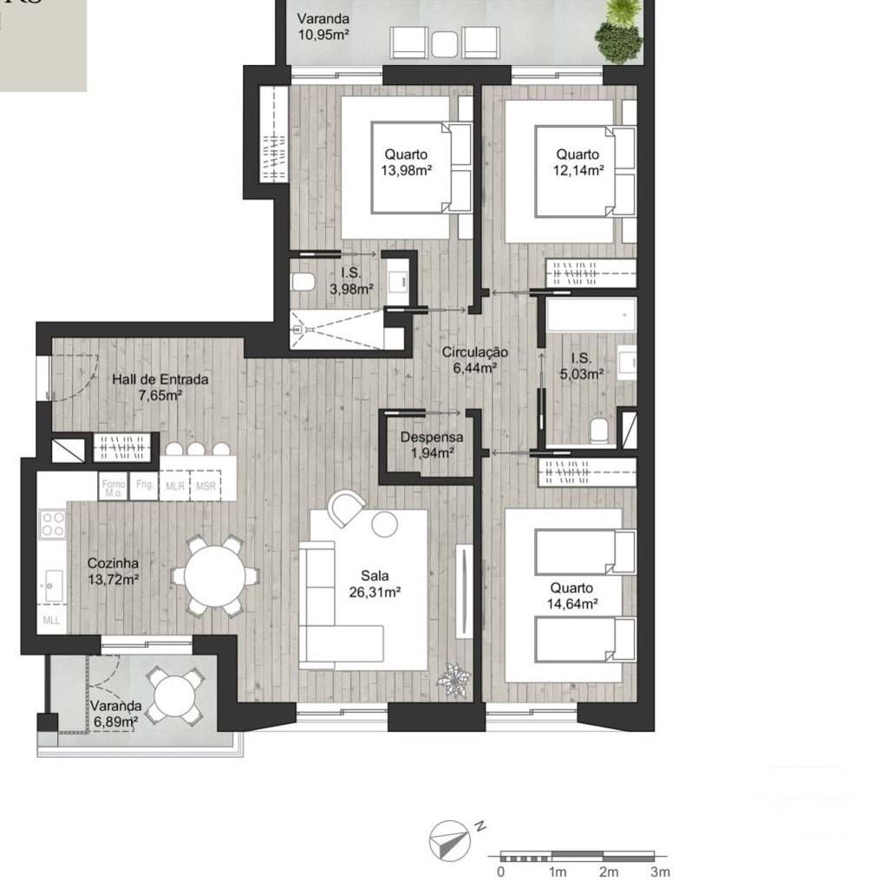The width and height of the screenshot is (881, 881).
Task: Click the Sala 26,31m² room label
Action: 376,584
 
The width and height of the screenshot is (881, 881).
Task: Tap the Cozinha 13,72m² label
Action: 114,571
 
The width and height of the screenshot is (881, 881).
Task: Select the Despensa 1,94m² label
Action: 431,445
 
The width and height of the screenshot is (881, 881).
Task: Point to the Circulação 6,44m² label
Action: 474,360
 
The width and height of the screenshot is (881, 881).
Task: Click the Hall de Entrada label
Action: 160,387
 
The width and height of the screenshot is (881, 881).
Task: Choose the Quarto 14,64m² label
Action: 571,596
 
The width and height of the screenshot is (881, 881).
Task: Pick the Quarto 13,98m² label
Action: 407,162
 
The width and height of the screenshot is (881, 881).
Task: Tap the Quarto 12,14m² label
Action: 578,162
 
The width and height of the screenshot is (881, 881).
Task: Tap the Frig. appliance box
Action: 144,486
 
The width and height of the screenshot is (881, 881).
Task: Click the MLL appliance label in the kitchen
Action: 52,621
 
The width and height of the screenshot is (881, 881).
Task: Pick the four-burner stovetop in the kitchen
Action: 53,523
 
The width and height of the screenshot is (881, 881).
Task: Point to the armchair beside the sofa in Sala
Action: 346,507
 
